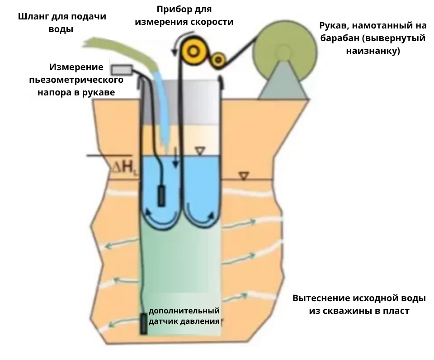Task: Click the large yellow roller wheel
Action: pyautogui.click(x=193, y=51)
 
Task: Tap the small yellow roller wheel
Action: pyautogui.click(x=219, y=58)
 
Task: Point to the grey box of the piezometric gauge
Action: pyautogui.click(x=122, y=70)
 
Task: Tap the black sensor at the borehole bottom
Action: pyautogui.click(x=144, y=323)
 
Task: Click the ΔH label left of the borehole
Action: pyautogui.click(x=124, y=168)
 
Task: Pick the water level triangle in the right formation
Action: pyautogui.click(x=244, y=176)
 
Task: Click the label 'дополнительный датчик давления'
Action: pyautogui.click(x=184, y=316)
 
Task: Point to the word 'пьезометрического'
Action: pyautogui.click(x=76, y=80)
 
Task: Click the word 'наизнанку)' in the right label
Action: pyautogui.click(x=373, y=51)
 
